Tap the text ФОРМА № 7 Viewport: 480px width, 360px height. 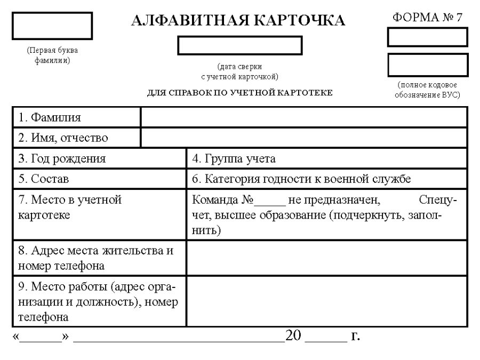tap(427, 16)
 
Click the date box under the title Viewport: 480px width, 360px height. tap(240, 45)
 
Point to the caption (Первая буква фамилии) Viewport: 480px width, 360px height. tap(52, 55)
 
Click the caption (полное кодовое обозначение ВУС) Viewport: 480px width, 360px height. tap(428, 90)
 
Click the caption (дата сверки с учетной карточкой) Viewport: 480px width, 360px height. tap(240, 71)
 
